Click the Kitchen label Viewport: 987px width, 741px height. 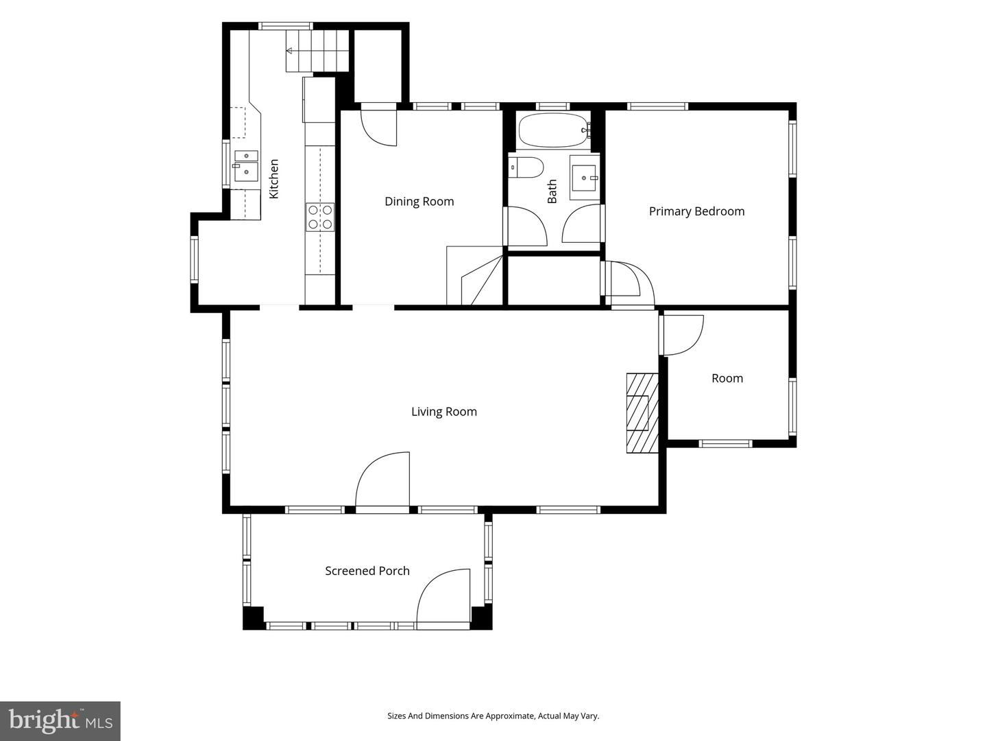pos(274,178)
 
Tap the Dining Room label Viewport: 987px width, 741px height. pos(419,201)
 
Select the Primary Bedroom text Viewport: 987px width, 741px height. pos(696,211)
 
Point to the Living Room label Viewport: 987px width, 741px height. pos(444,412)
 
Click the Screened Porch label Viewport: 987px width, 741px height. pos(367,571)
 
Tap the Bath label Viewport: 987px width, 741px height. pos(552,191)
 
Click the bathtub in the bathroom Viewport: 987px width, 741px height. pos(555,130)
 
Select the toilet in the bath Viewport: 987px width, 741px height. pos(526,167)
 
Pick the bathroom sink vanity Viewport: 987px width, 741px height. pos(585,178)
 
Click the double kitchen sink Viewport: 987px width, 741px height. pos(246,166)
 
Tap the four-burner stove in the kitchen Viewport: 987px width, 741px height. pos(320,217)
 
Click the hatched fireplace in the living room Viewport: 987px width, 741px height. pos(642,412)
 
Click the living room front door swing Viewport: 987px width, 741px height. pos(382,480)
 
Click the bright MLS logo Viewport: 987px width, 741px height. pos(60,720)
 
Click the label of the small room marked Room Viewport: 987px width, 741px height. pos(727,378)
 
